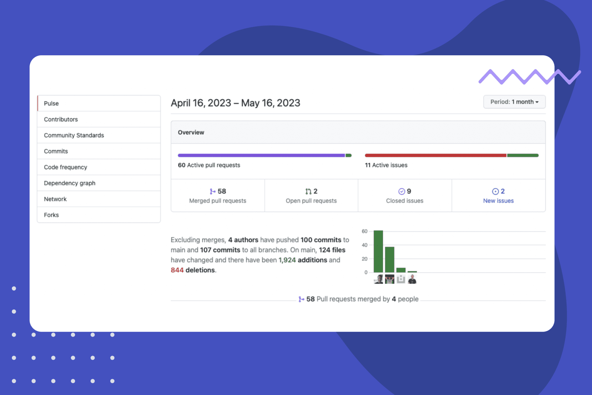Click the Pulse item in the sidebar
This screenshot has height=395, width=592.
51,103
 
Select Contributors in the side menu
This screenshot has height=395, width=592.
61,119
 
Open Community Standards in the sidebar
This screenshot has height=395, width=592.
74,135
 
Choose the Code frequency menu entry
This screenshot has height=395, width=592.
65,167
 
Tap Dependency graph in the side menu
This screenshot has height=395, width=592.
69,183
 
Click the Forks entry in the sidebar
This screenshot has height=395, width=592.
51,215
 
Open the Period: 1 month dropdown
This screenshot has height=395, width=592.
514,102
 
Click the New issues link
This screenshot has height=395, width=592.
498,201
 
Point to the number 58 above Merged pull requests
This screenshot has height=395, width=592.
222,191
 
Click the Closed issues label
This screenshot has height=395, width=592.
404,201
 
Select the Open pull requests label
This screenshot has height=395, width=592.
311,201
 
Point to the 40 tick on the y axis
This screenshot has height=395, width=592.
365,245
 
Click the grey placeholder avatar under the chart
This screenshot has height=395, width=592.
401,279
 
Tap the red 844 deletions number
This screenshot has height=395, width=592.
177,270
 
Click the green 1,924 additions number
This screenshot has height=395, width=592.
287,260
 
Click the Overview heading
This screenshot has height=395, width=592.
191,132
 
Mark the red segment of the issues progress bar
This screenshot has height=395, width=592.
435,155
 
